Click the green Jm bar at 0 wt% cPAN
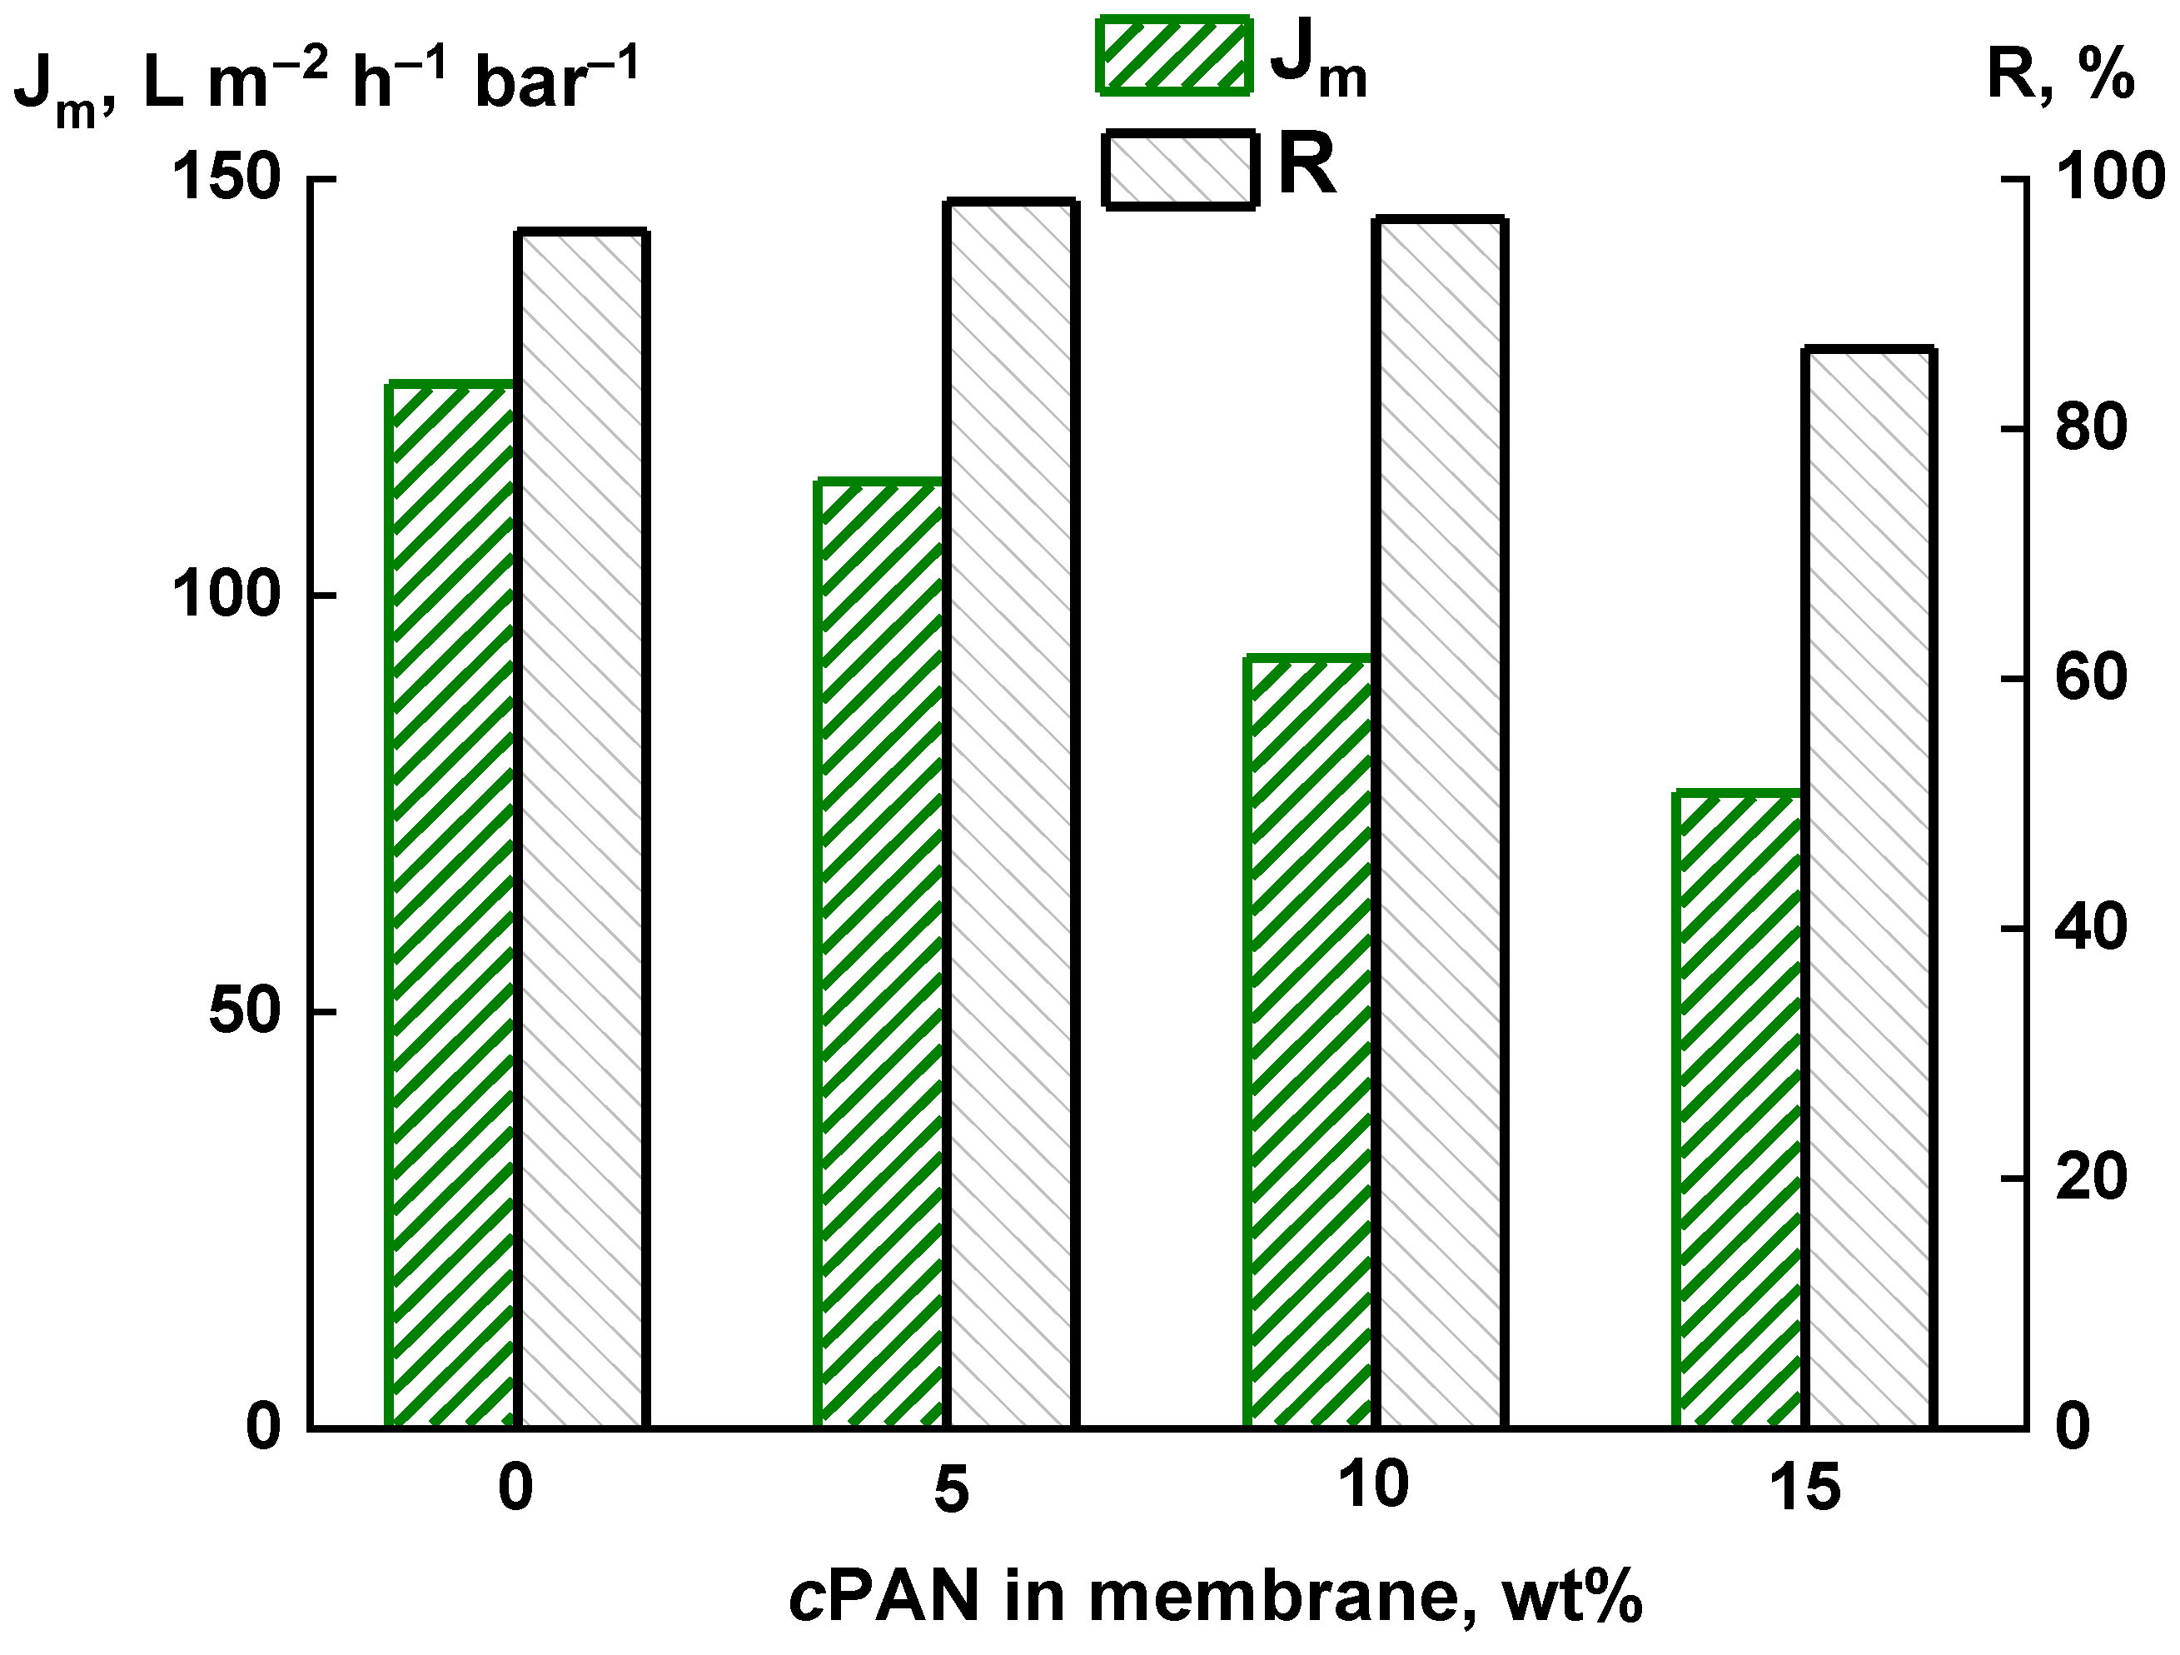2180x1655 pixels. click(x=452, y=905)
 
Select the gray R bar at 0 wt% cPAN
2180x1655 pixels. click(x=582, y=829)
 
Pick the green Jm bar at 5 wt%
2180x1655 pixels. click(x=880, y=955)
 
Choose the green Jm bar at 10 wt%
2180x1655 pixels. click(x=1309, y=1042)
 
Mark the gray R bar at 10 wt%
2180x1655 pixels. click(x=1440, y=823)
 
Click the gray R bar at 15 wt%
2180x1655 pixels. click(x=1869, y=888)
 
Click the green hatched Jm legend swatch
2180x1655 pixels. click(x=1174, y=55)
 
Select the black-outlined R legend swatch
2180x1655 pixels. click(x=1180, y=170)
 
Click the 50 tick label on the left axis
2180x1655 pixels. click(x=245, y=1012)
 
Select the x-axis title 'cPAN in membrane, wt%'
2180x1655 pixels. click(x=1215, y=1599)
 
